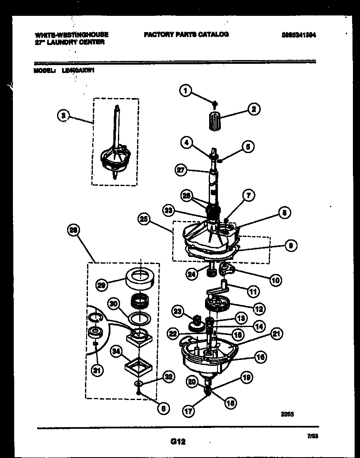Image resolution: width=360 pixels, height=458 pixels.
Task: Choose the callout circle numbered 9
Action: pos(290,246)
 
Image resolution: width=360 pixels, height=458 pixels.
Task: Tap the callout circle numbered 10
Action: pos(275,280)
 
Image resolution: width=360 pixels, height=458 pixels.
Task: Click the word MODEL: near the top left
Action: pos(44,70)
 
